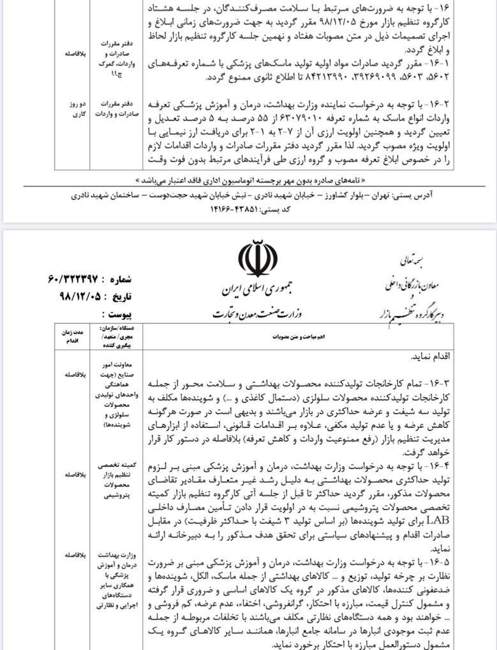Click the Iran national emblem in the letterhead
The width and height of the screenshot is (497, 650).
[x=258, y=258]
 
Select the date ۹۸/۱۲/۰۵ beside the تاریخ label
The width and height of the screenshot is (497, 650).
[x=73, y=297]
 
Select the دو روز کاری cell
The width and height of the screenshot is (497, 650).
[x=71, y=108]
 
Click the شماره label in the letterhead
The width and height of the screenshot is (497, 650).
[x=117, y=279]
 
